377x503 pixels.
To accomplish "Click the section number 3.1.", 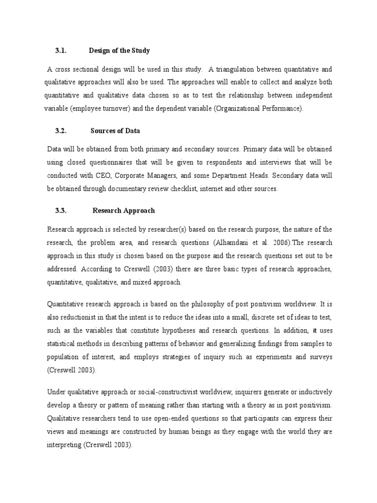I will pyautogui.click(x=61, y=51).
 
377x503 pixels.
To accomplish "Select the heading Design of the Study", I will pyautogui.click(x=119, y=51).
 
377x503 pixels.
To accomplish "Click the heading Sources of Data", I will pyautogui.click(x=115, y=131).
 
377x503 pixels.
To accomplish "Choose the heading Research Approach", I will pyautogui.click(x=124, y=210).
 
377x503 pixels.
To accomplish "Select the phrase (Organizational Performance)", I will pyautogui.click(x=263, y=109).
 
